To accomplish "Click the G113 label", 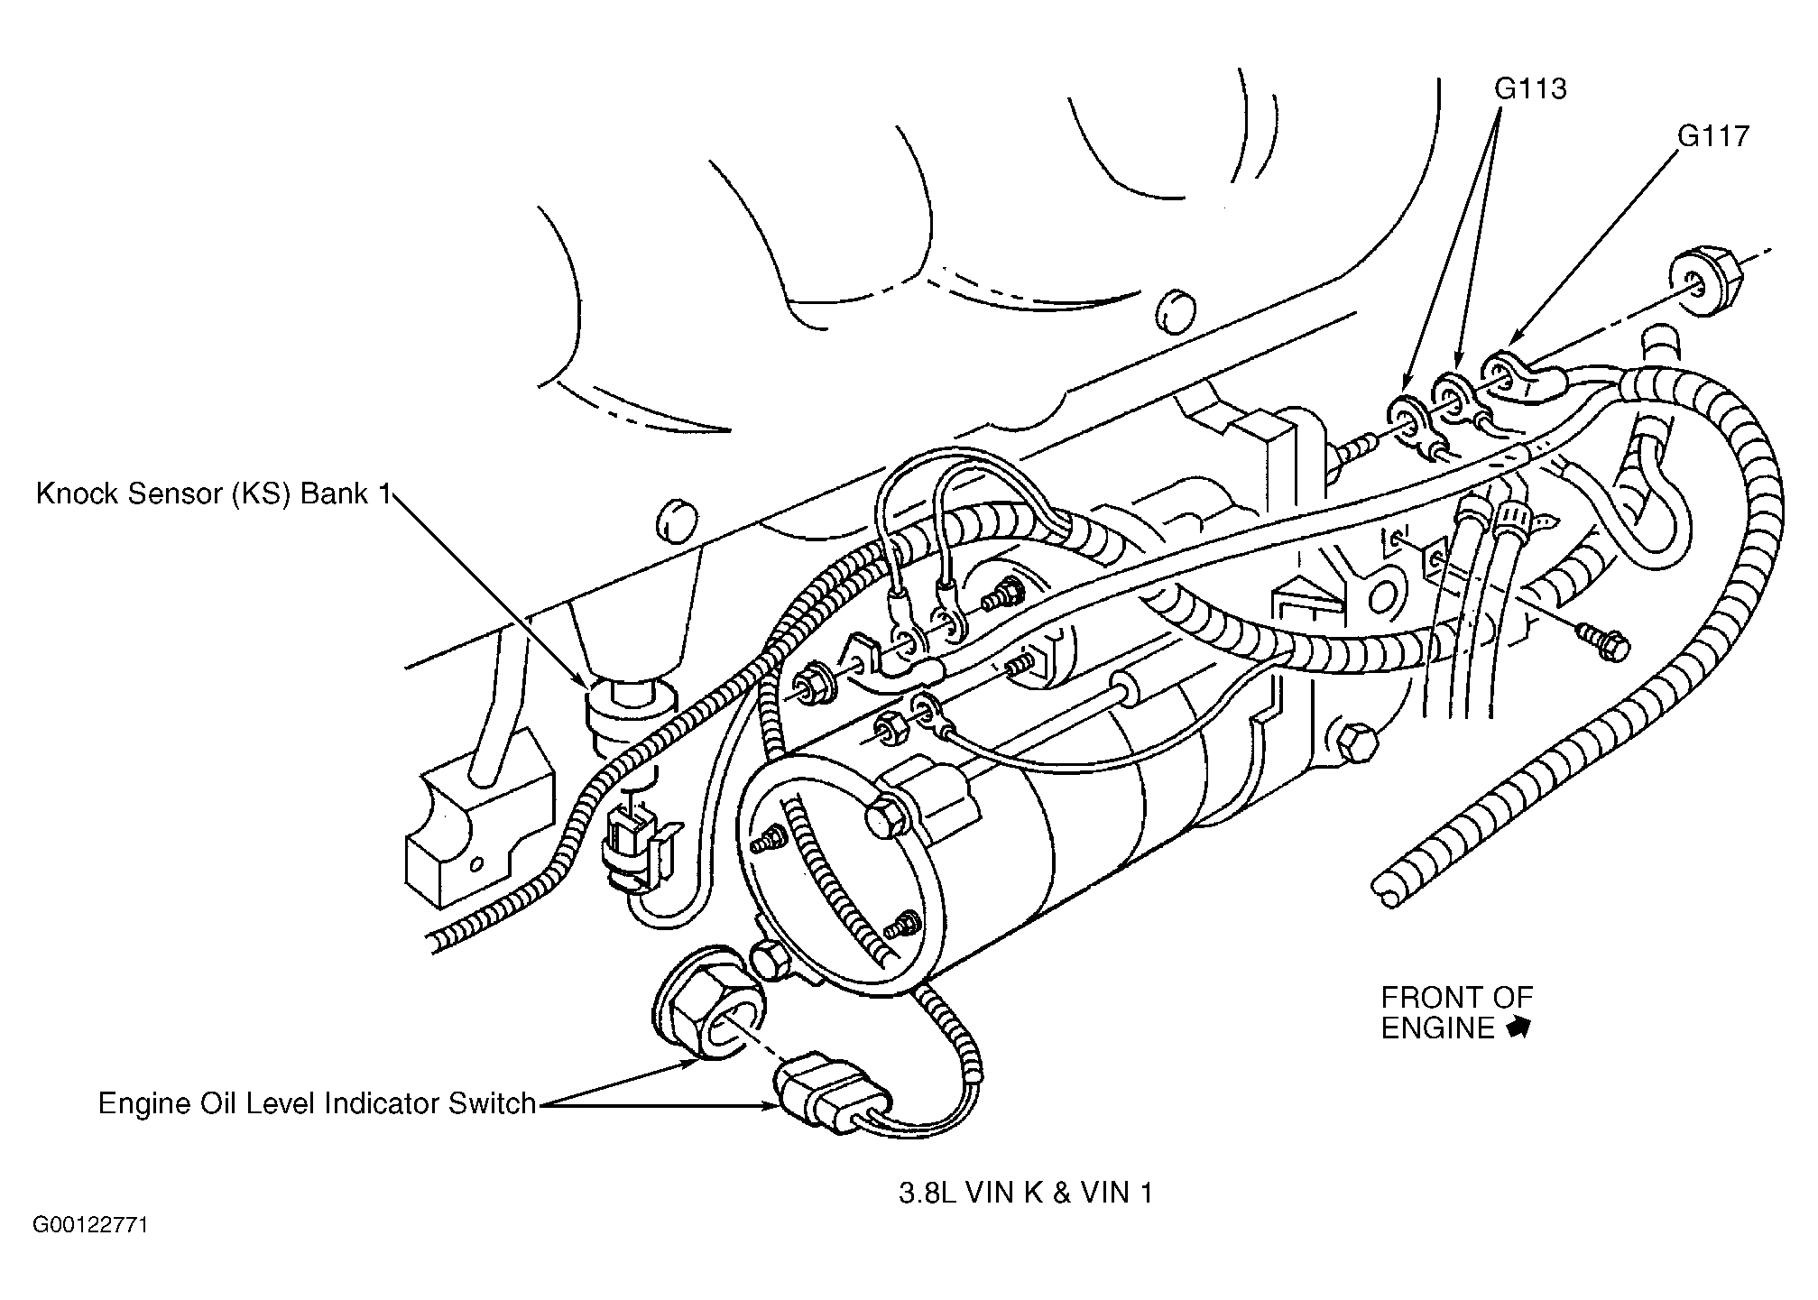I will point(1530,88).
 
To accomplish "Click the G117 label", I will point(1713,136).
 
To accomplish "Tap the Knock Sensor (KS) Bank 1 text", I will point(214,494).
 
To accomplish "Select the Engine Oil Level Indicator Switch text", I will point(317,1104).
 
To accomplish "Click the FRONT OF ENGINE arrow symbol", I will point(1518,1028).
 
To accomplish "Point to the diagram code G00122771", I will point(90,1225).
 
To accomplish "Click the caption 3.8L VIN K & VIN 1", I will point(1026,1194).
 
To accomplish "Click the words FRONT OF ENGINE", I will point(1454,1012).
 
